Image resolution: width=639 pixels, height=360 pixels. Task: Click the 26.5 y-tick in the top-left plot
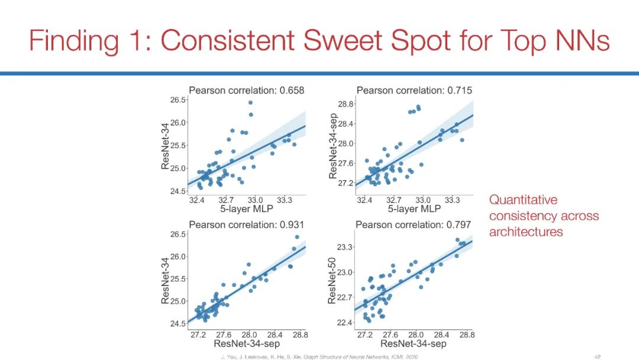(178, 100)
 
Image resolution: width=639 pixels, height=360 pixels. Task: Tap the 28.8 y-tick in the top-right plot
(346, 104)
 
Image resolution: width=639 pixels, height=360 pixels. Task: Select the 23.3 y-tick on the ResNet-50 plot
(346, 246)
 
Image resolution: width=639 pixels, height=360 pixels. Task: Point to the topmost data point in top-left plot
(250, 102)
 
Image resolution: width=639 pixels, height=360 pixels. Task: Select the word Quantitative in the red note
(523, 200)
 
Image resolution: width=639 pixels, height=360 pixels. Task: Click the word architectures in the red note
(525, 232)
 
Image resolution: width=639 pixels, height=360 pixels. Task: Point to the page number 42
(598, 356)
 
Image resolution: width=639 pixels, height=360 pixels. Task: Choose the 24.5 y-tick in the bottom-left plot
(178, 323)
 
